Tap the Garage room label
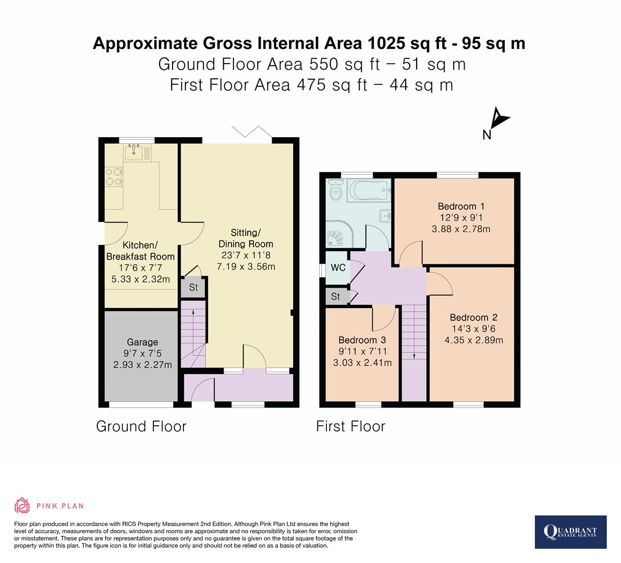[x=142, y=342]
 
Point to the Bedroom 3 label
[x=362, y=340]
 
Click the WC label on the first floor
[x=338, y=268]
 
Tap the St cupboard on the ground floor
[x=193, y=287]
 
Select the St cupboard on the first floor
[x=335, y=297]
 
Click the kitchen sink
[x=135, y=152]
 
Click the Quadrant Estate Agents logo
[x=570, y=532]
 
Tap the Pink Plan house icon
[x=22, y=505]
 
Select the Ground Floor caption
[x=141, y=426]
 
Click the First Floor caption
[x=350, y=426]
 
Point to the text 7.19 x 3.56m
[x=246, y=266]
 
